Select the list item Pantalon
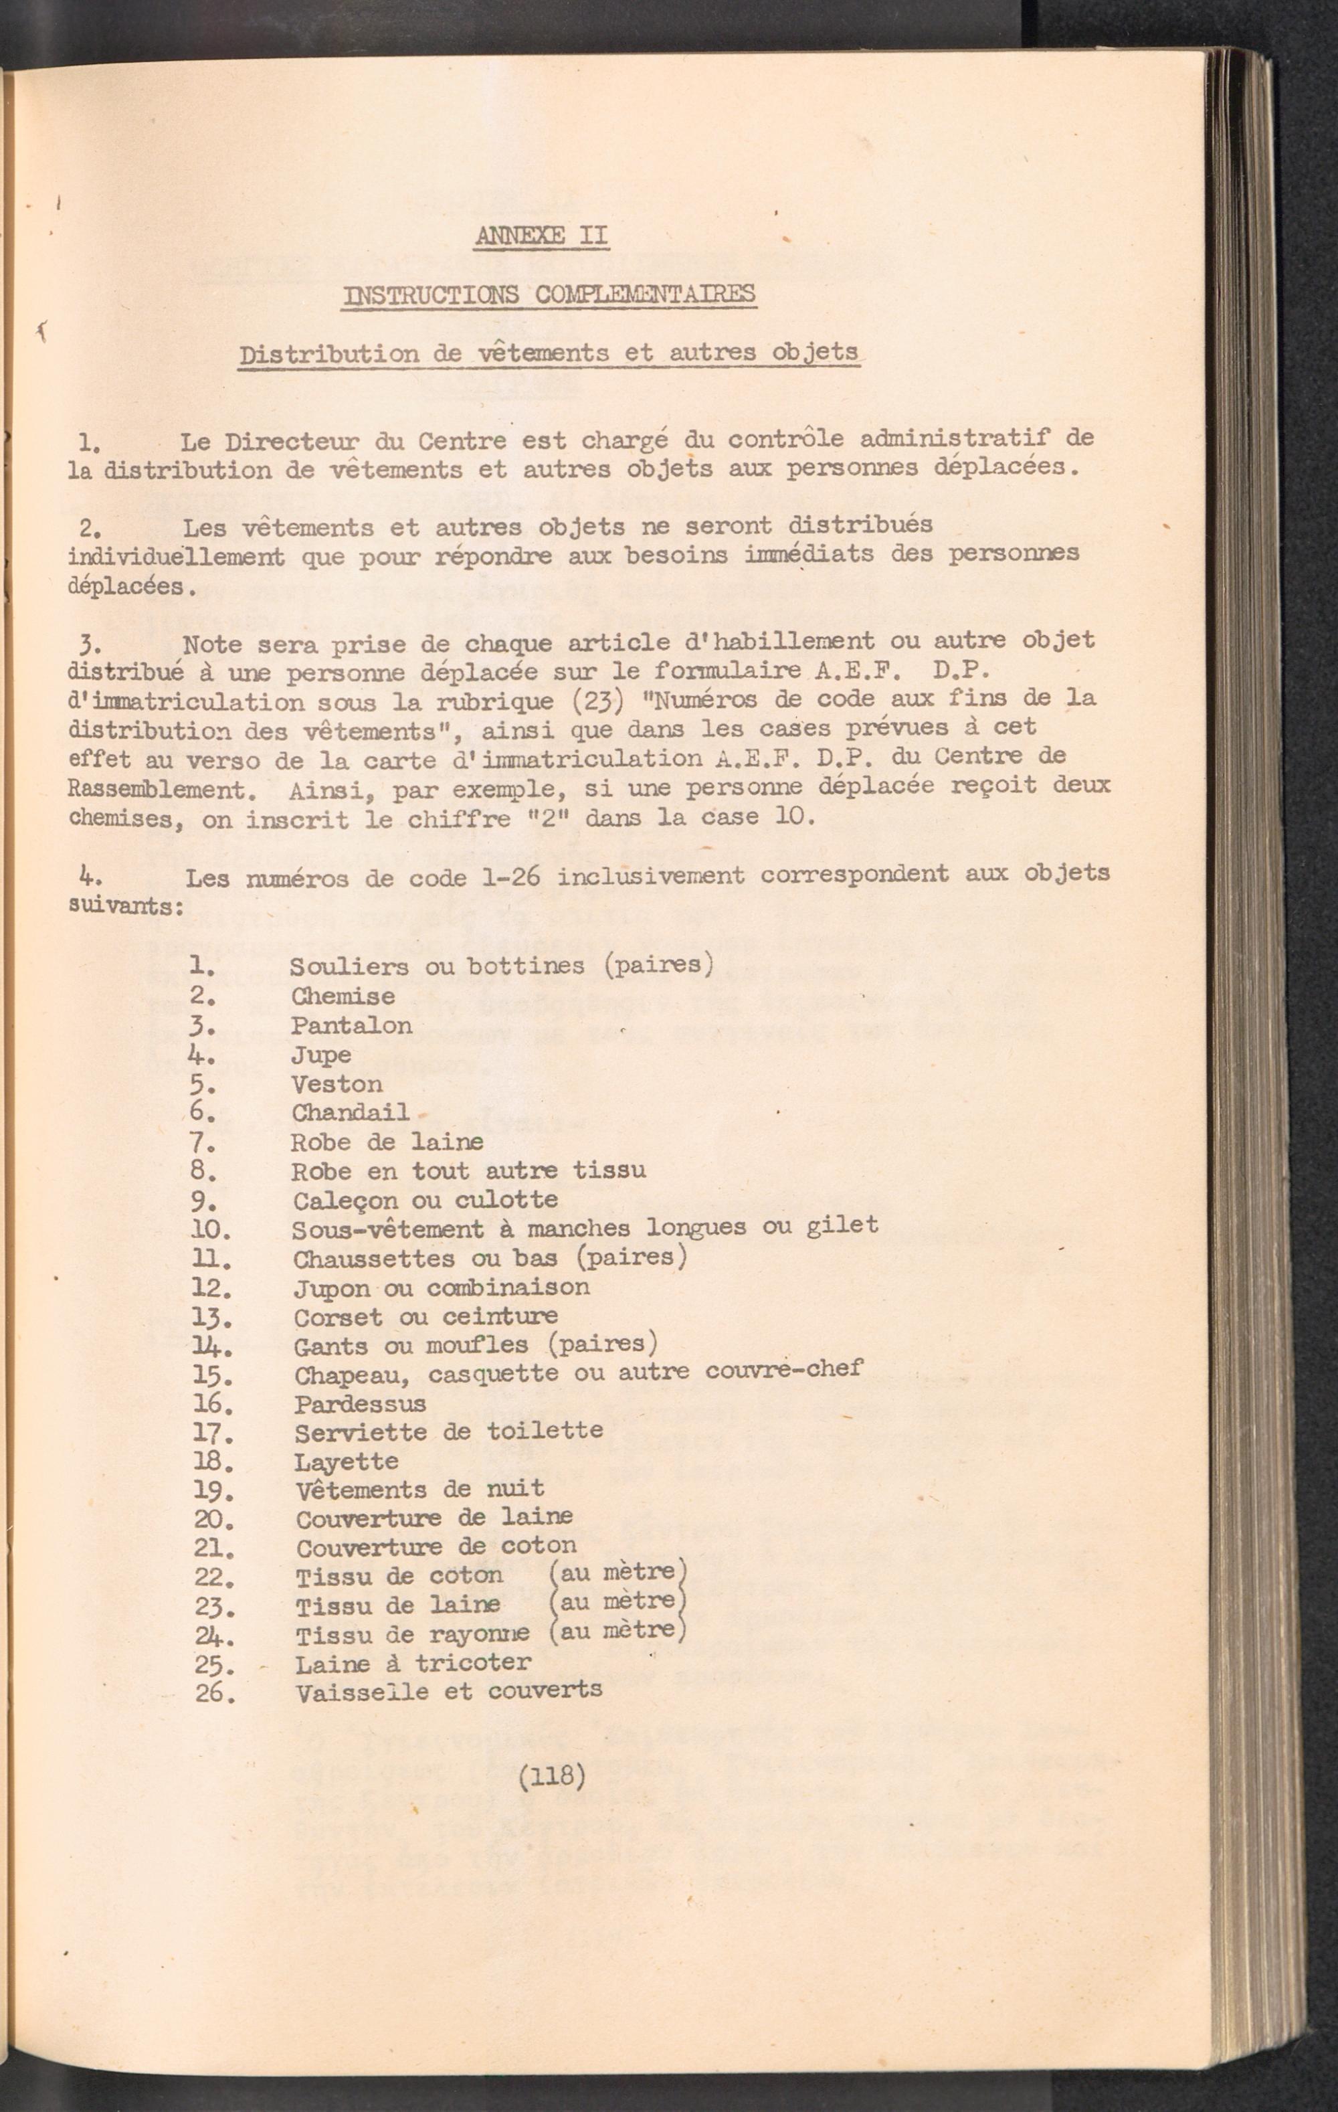352,1025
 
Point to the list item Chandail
351,1113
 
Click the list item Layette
347,1462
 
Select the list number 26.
215,1692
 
